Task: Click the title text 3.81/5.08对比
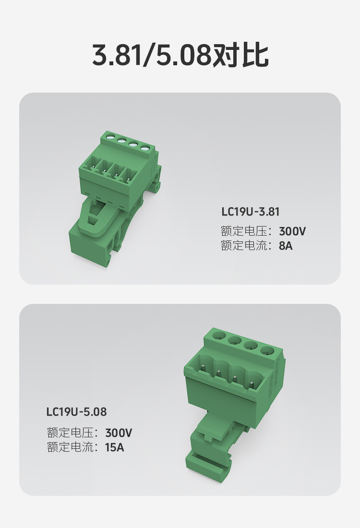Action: click(180, 56)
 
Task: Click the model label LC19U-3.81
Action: click(250, 212)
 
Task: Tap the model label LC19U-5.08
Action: click(76, 412)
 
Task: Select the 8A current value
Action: click(286, 246)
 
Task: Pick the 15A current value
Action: click(114, 447)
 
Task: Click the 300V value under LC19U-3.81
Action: click(292, 231)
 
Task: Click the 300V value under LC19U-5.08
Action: click(119, 433)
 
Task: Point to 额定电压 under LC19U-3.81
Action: click(243, 231)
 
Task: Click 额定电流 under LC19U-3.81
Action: click(243, 246)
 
